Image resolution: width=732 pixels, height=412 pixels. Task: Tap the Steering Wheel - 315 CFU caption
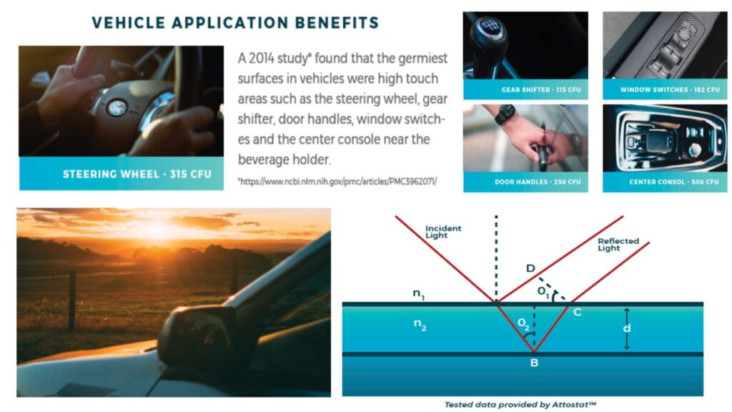pyautogui.click(x=137, y=175)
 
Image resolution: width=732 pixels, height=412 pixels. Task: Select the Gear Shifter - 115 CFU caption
pyautogui.click(x=541, y=89)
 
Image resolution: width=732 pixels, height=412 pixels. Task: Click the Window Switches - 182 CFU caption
pyautogui.click(x=670, y=89)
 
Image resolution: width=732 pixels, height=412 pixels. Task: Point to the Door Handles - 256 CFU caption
pyautogui.click(x=538, y=182)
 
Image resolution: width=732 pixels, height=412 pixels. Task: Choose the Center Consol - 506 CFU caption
pyautogui.click(x=674, y=182)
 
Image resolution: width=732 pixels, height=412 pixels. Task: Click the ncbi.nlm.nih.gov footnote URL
pyautogui.click(x=337, y=181)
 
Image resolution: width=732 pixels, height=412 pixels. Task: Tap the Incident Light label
pyautogui.click(x=442, y=232)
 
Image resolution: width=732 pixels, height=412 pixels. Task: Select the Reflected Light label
pyautogui.click(x=618, y=245)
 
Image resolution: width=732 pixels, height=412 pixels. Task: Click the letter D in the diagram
pyautogui.click(x=530, y=268)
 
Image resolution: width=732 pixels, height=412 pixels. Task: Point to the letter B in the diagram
pyautogui.click(x=534, y=363)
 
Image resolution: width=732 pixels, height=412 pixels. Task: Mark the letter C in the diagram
pyautogui.click(x=578, y=312)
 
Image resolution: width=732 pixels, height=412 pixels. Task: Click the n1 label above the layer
pyautogui.click(x=418, y=294)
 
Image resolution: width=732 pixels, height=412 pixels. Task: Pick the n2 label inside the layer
pyautogui.click(x=420, y=324)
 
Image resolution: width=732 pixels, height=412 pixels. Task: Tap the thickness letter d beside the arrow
pyautogui.click(x=626, y=328)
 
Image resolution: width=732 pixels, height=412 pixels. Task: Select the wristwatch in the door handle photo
pyautogui.click(x=505, y=114)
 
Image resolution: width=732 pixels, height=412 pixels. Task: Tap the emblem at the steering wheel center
pyautogui.click(x=118, y=108)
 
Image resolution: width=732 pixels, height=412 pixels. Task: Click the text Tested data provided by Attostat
pyautogui.click(x=520, y=405)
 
